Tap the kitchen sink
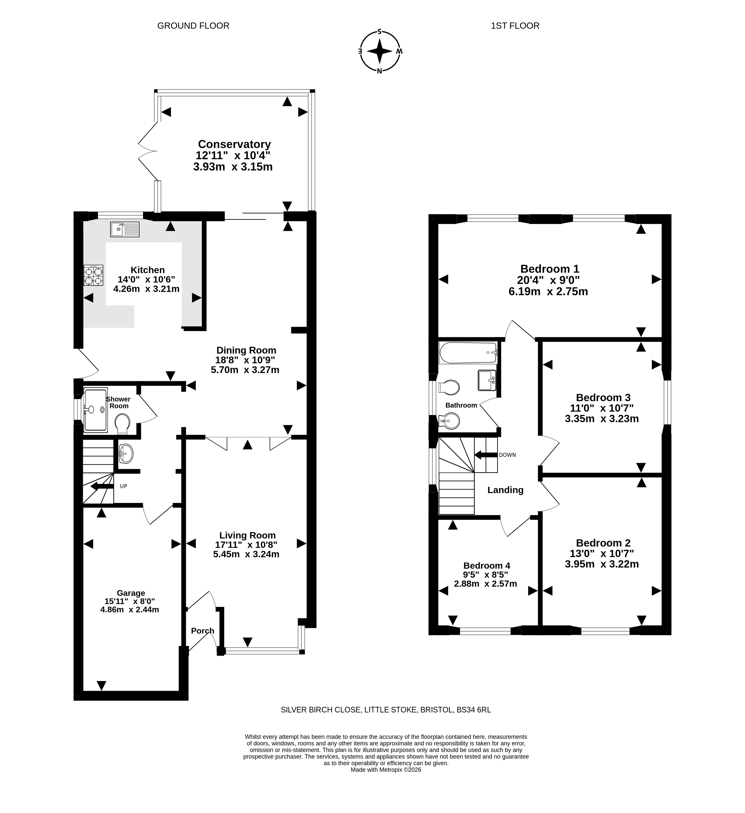tap(125, 229)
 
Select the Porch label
tap(203, 631)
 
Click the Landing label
tap(505, 490)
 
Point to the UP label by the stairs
tap(123, 486)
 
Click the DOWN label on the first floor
tap(507, 455)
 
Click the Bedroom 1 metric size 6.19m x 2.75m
tap(548, 291)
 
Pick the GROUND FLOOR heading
tap(193, 26)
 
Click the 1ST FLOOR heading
tap(515, 26)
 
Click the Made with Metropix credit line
tap(386, 770)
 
